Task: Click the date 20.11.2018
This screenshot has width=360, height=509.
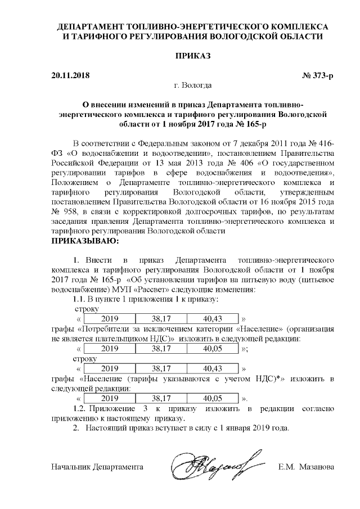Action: point(70,75)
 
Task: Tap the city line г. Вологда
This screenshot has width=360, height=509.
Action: point(193,85)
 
